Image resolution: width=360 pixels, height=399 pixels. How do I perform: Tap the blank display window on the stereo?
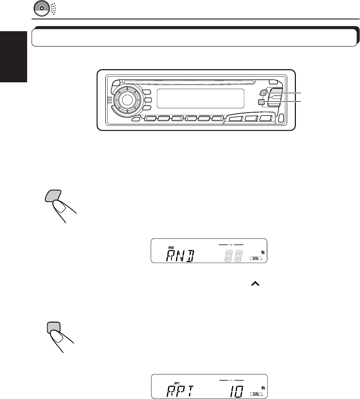point(200,98)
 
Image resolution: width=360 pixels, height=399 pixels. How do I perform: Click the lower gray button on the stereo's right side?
point(262,102)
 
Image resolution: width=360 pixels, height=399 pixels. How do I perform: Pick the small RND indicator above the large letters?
point(158,247)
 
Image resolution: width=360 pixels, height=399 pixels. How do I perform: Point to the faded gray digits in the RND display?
point(233,256)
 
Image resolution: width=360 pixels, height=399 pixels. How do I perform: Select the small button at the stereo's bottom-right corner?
point(281,119)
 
